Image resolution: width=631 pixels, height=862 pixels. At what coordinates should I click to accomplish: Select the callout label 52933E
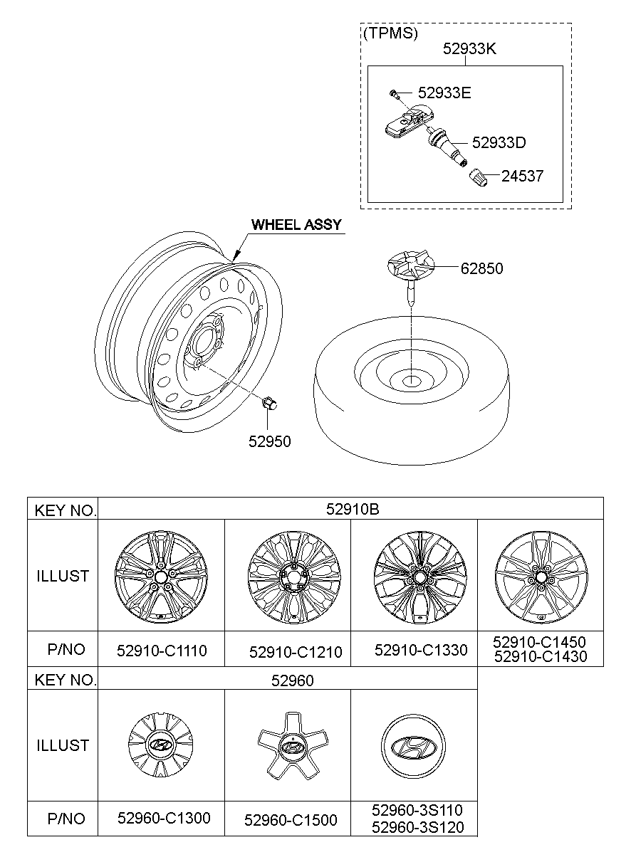pyautogui.click(x=444, y=93)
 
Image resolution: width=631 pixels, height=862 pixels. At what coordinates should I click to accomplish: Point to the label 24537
pyautogui.click(x=522, y=176)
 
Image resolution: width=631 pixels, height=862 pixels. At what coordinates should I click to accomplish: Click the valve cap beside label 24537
pyautogui.click(x=475, y=177)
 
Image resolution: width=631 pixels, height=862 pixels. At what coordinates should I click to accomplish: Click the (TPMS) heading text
pyautogui.click(x=390, y=33)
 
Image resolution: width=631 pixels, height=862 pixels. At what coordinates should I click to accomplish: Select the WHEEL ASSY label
pyautogui.click(x=296, y=225)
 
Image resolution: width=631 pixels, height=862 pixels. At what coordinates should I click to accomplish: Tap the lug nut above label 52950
pyautogui.click(x=270, y=404)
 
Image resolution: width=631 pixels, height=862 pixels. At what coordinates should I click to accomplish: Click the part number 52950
pyautogui.click(x=270, y=441)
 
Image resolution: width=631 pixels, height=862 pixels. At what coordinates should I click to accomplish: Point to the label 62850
pyautogui.click(x=481, y=268)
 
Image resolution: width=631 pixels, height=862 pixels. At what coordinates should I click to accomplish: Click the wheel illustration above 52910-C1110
pyautogui.click(x=160, y=575)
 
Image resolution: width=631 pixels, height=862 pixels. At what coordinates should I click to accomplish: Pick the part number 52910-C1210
pyautogui.click(x=296, y=652)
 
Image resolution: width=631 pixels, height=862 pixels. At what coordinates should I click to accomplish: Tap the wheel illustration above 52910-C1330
pyautogui.click(x=414, y=575)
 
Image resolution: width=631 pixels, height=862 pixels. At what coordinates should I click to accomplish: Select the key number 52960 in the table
pyautogui.click(x=292, y=680)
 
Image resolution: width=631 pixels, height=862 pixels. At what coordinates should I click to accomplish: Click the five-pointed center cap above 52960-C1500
pyautogui.click(x=289, y=745)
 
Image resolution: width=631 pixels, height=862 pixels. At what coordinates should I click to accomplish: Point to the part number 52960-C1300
pyautogui.click(x=164, y=819)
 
